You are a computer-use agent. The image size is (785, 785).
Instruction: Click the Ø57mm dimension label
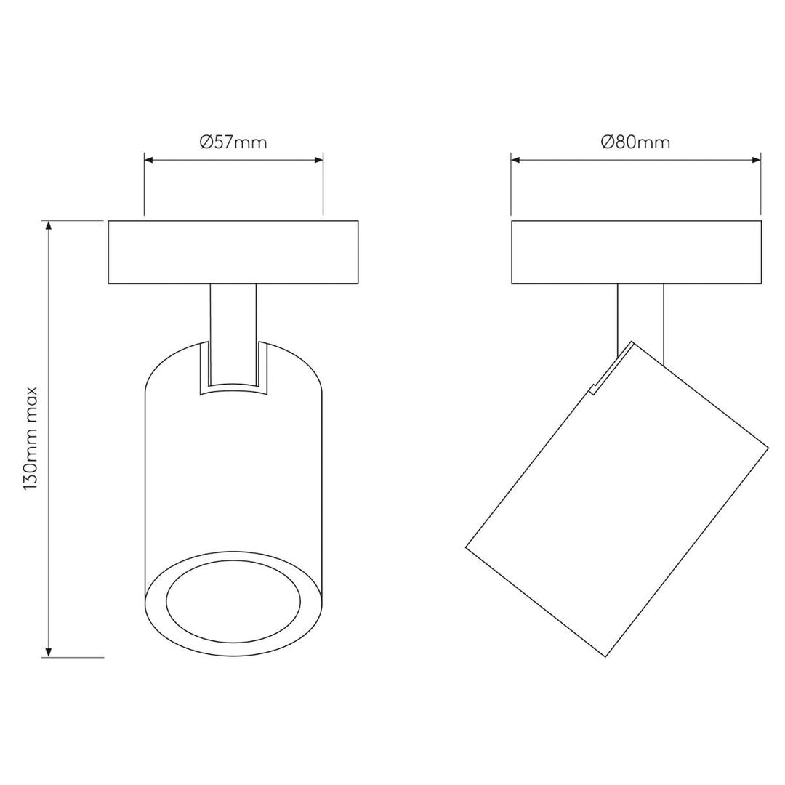pos(233,142)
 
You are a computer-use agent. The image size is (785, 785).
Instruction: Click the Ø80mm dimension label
pos(635,142)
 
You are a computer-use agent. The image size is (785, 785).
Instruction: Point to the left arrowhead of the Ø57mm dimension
pos(149,160)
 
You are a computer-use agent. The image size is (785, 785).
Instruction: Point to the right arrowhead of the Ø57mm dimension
pos(318,160)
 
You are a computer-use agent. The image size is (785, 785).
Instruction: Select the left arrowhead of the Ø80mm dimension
pos(516,160)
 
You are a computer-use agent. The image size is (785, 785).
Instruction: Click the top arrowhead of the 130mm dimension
pos(49,225)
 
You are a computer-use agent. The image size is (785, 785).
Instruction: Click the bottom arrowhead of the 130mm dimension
pos(49,652)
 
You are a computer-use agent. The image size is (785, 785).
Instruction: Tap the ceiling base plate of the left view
pos(233,252)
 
